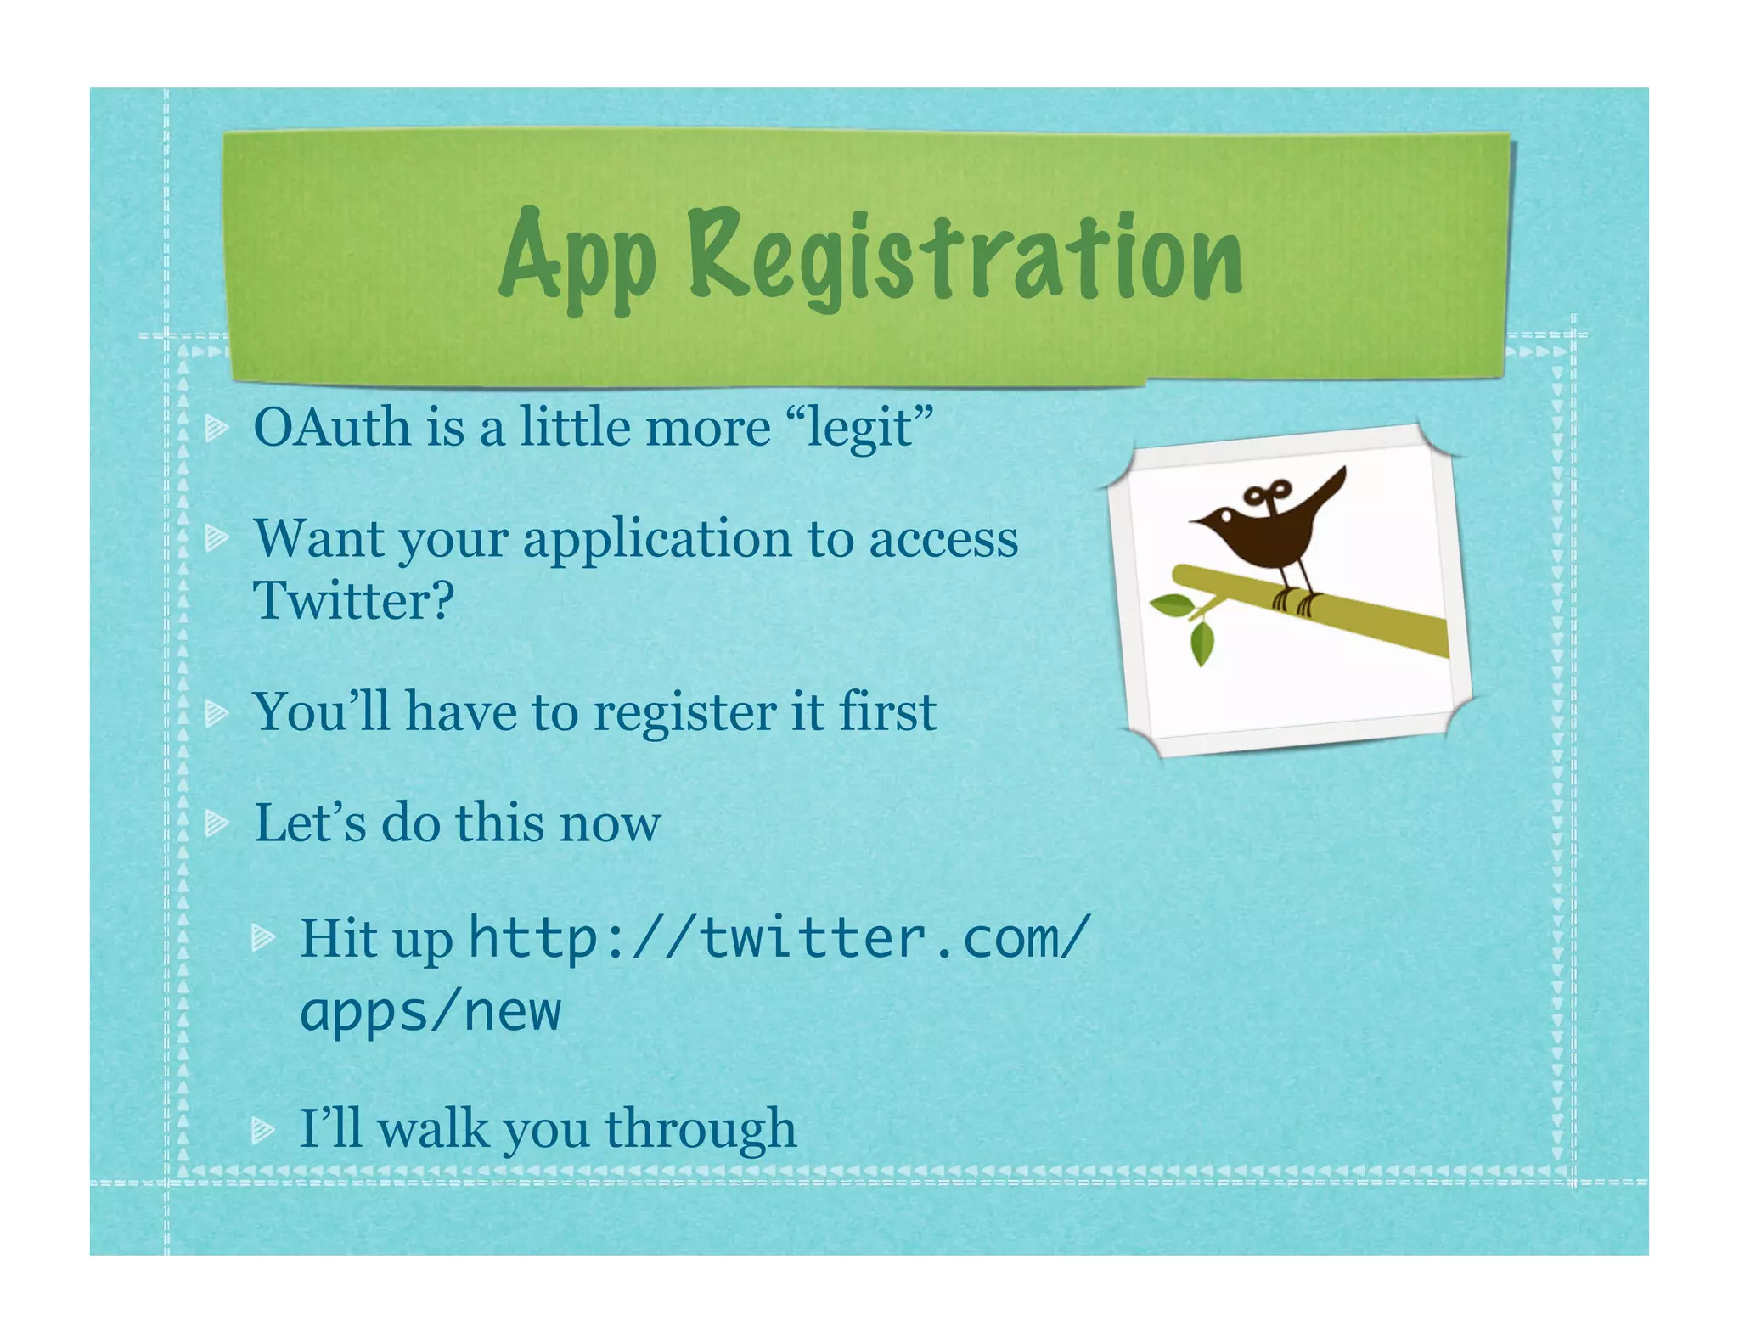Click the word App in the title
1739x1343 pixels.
577,257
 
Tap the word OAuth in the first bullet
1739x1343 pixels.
330,427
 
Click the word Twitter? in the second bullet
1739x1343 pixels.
354,601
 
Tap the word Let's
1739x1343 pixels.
309,823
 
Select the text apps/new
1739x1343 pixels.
431,1012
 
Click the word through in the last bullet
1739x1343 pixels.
701,1129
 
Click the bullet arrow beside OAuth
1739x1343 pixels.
217,429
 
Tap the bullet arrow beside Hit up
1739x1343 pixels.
263,938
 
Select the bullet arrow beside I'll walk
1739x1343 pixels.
263,1130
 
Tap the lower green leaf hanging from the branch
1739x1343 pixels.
1202,644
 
